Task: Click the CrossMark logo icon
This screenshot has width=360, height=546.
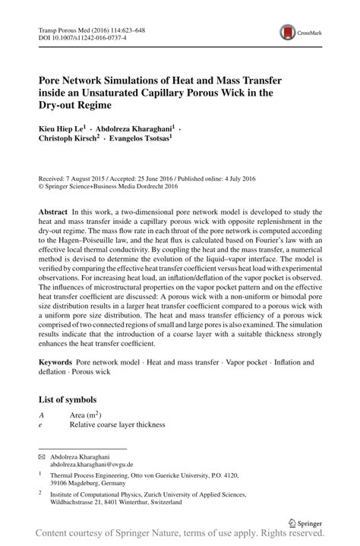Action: tap(289, 32)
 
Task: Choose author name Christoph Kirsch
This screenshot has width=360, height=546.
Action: tap(71, 140)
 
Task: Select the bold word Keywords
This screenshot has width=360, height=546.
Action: tap(58, 363)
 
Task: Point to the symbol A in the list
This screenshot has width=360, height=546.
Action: tap(41, 415)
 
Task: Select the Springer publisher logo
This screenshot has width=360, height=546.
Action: tap(305, 523)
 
